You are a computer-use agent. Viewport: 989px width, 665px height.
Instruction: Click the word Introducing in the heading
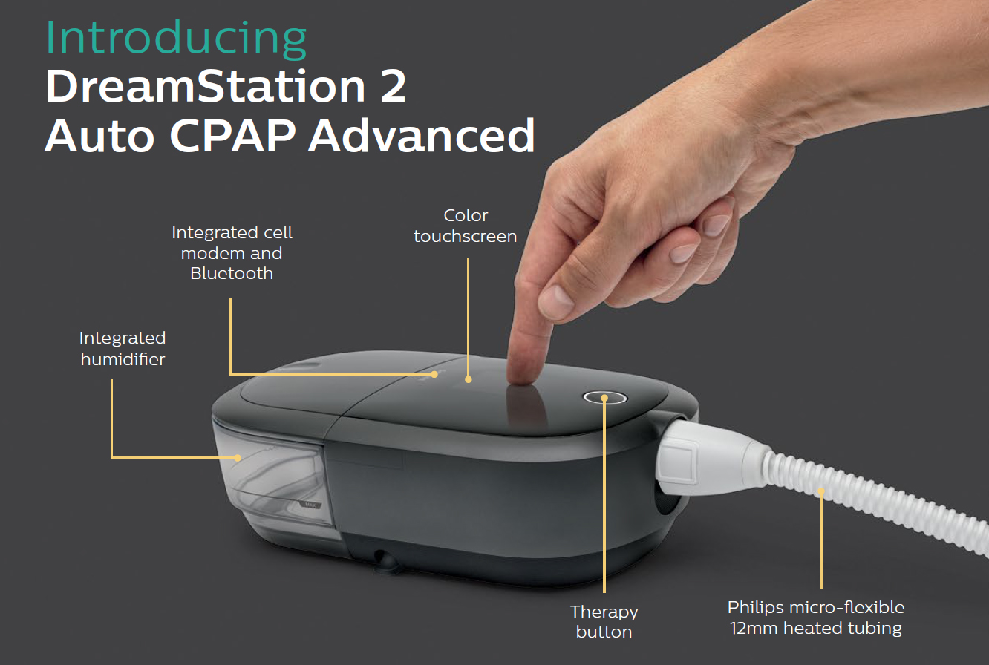tap(176, 39)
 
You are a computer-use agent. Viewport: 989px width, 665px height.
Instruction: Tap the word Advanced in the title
tap(421, 136)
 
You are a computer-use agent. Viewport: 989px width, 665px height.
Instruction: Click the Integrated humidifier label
tap(123, 349)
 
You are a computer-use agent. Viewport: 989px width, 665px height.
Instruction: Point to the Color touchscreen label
tap(466, 226)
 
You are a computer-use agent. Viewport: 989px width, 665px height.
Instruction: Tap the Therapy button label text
tap(604, 622)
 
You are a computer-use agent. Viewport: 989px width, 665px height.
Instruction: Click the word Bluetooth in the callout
tap(232, 273)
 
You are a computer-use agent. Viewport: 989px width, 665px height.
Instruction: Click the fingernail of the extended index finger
tap(555, 301)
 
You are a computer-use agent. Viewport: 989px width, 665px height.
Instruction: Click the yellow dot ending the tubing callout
tap(821, 491)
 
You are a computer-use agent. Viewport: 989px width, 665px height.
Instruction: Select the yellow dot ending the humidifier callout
tap(238, 457)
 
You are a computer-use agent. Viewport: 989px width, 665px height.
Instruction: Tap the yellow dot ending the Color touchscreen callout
tap(469, 379)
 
